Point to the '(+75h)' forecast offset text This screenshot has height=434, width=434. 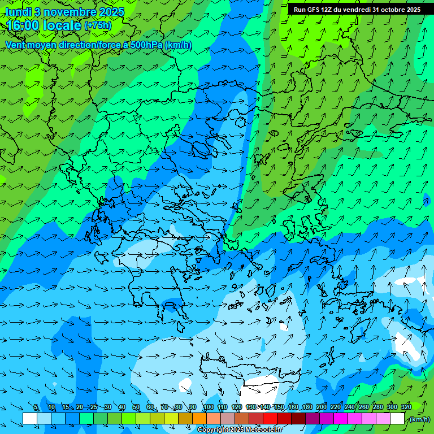(x=98, y=25)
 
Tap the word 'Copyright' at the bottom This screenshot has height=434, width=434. (x=212, y=430)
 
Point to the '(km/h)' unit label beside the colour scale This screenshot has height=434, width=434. (x=419, y=419)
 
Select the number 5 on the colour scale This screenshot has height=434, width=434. (x=36, y=407)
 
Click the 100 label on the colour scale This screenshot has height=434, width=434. (x=208, y=407)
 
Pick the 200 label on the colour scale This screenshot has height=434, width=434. (x=322, y=407)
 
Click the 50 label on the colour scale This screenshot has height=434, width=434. (x=136, y=407)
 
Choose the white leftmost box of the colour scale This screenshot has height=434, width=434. (x=30, y=419)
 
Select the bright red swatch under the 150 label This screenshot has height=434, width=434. (x=270, y=419)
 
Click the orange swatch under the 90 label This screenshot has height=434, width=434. (x=199, y=419)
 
